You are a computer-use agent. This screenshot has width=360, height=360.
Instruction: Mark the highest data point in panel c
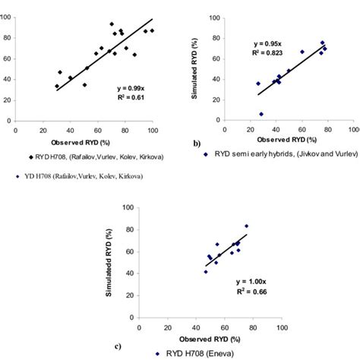[245, 226]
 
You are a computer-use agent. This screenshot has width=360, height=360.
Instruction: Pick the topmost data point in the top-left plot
[112, 24]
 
